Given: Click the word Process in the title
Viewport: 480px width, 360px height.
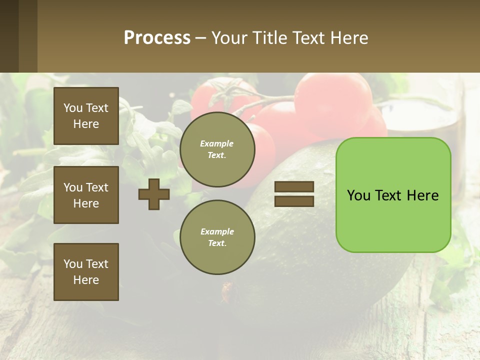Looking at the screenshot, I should pyautogui.click(x=157, y=38).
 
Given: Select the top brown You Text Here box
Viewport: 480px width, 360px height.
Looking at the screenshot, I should pyautogui.click(x=86, y=116).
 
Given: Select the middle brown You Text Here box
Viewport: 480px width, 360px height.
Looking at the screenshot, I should pyautogui.click(x=86, y=195).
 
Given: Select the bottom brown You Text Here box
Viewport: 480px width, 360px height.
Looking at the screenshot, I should pyautogui.click(x=86, y=272).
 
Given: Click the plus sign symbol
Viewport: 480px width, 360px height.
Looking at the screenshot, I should pyautogui.click(x=154, y=194).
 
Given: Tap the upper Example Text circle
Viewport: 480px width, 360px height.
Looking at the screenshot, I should pyautogui.click(x=217, y=149).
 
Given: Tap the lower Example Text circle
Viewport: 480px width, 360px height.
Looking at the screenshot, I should pyautogui.click(x=217, y=237).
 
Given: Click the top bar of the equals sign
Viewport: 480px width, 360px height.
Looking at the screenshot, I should pyautogui.click(x=294, y=187).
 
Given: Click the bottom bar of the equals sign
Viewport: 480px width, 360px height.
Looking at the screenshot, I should pyautogui.click(x=294, y=201).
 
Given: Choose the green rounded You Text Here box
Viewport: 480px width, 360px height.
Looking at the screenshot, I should pyautogui.click(x=393, y=194).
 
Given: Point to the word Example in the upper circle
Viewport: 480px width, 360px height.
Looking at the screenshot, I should pyautogui.click(x=217, y=143).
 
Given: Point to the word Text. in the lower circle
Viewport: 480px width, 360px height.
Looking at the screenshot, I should pyautogui.click(x=217, y=243).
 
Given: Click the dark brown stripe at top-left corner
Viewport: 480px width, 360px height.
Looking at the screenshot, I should pyautogui.click(x=9, y=36).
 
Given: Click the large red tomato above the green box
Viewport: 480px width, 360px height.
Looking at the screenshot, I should pyautogui.click(x=332, y=105).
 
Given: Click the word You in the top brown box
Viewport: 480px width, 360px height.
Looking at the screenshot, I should pyautogui.click(x=73, y=108).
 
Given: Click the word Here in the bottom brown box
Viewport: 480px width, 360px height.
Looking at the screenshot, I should pyautogui.click(x=86, y=280).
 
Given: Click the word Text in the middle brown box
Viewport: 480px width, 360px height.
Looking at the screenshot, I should pyautogui.click(x=97, y=187).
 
